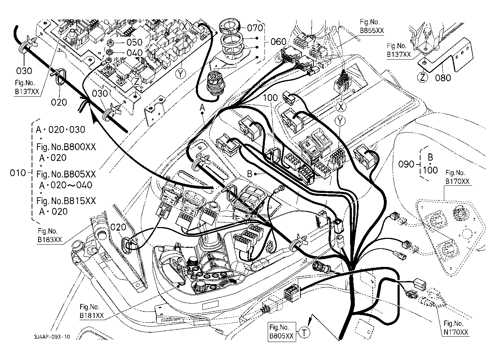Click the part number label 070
(255, 28)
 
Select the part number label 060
(279, 42)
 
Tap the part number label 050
(134, 42)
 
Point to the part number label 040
(134, 53)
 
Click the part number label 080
(443, 78)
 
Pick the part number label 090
(406, 164)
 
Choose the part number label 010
(18, 173)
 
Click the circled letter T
(304, 333)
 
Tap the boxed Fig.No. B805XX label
(281, 332)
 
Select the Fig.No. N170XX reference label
(456, 328)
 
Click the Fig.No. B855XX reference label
(372, 26)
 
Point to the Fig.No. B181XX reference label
(91, 311)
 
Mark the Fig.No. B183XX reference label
(50, 235)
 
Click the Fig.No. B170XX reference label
(458, 177)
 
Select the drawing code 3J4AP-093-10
(52, 337)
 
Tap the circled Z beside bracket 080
(422, 78)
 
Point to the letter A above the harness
(202, 107)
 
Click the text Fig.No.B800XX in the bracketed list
(66, 147)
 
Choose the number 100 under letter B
(430, 170)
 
